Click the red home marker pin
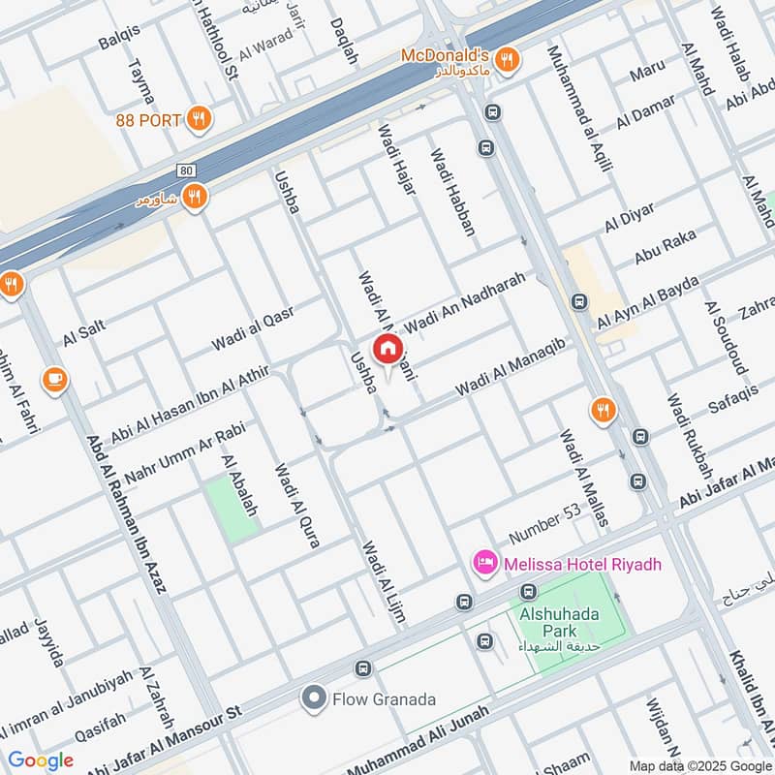[387, 349]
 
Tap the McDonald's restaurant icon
[506, 60]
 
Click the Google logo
[41, 760]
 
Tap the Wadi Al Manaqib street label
[511, 374]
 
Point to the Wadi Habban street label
[453, 192]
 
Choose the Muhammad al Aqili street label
[579, 108]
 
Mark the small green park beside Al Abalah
[232, 506]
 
